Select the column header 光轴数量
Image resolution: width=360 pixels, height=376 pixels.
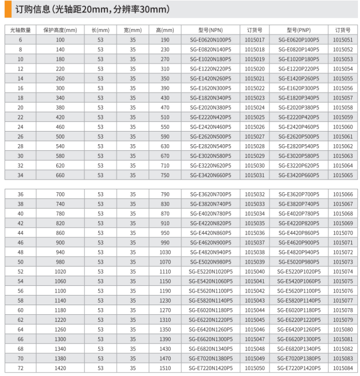[20, 30]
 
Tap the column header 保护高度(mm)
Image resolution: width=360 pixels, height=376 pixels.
[60, 30]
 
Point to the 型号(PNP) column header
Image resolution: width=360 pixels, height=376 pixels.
[299, 30]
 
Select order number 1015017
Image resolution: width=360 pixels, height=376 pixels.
[255, 39]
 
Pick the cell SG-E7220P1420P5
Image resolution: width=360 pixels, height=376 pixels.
[299, 368]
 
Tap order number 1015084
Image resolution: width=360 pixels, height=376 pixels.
[343, 368]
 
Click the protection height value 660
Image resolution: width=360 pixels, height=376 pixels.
[60, 175]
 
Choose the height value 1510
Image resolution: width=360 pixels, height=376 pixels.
[165, 368]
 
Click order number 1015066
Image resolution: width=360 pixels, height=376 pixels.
[343, 194]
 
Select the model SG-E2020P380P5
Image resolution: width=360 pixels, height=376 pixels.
[299, 107]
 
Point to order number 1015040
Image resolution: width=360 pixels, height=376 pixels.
[255, 272]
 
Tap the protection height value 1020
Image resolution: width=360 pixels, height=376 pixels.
[60, 272]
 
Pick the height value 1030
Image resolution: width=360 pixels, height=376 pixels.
[165, 253]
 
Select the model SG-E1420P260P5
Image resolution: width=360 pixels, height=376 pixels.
[299, 78]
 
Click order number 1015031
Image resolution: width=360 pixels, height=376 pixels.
[255, 175]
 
